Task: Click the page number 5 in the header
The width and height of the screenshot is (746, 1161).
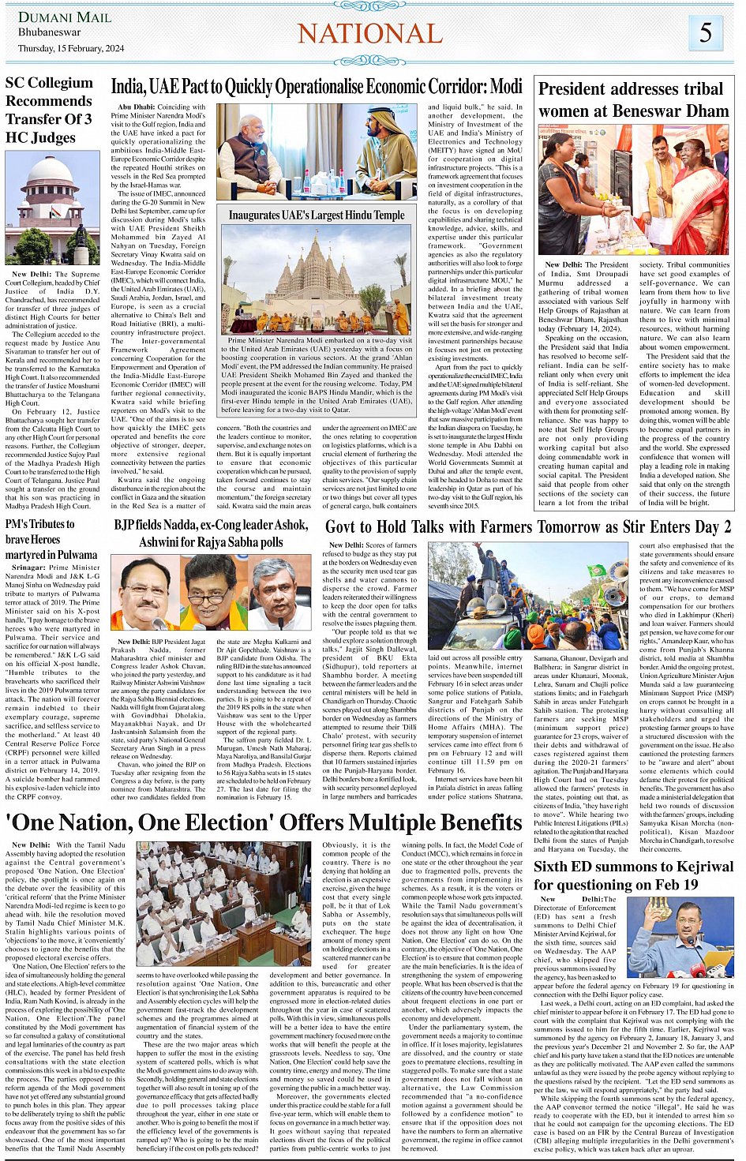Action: pos(706,32)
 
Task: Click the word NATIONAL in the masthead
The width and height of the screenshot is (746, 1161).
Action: pos(370,33)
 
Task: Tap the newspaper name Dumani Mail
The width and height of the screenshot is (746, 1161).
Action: pos(54,17)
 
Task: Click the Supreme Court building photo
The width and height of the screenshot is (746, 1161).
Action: pos(53,208)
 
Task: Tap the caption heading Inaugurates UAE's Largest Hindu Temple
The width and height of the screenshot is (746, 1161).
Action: pos(317,215)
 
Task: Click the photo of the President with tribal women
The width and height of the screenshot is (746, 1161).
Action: pos(634,189)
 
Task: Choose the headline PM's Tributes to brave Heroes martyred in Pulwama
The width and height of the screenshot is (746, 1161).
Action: pos(51,539)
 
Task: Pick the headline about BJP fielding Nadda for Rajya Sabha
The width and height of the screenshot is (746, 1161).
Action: pos(211,534)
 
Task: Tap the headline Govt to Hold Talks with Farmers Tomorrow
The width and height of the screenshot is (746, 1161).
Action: pos(528,526)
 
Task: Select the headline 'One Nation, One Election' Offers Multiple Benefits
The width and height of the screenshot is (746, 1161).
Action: pos(264,822)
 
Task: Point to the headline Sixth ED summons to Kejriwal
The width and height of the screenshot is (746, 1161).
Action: pos(633,875)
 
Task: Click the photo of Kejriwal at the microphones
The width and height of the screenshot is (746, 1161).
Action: pos(680,937)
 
